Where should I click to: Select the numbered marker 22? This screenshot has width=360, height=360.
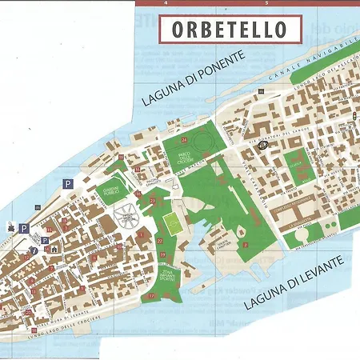(x=159, y=241)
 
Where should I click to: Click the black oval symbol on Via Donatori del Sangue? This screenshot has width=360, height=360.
(x=265, y=145)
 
